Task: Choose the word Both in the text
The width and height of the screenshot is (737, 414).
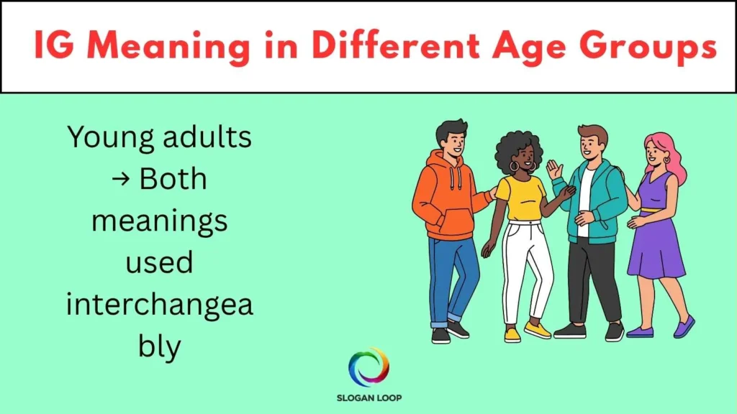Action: click(x=173, y=179)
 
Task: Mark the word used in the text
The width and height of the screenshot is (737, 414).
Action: click(x=159, y=263)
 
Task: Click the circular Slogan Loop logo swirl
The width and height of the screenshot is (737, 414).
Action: click(x=368, y=367)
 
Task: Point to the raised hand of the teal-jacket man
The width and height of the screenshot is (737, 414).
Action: click(x=553, y=170)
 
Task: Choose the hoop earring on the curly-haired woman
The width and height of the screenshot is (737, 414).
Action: click(x=512, y=167)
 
